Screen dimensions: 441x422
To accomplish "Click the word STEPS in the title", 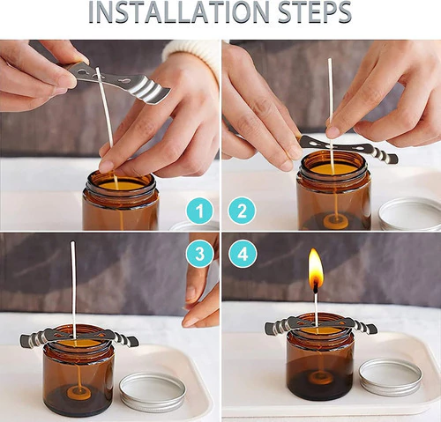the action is [315, 12].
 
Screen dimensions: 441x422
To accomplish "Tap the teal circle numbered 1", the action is [199, 211].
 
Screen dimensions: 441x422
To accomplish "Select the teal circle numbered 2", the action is [242, 211].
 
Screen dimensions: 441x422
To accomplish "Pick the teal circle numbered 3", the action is [199, 254].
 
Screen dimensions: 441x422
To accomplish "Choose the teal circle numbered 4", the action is [243, 254].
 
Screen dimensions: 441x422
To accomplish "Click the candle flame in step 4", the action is [316, 269].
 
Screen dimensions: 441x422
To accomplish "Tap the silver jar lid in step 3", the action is [153, 392].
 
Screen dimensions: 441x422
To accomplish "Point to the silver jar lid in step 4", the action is [391, 377].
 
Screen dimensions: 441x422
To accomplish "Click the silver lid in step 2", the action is [410, 214].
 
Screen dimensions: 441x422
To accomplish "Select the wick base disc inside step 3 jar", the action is [78, 393].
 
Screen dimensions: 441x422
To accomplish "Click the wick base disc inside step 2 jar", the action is [336, 222].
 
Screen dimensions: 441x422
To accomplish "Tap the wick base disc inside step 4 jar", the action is [320, 377].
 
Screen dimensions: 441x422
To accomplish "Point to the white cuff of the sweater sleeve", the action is [192, 56].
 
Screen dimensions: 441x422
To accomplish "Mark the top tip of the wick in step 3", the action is [72, 242].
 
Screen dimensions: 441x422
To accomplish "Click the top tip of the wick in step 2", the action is [330, 60].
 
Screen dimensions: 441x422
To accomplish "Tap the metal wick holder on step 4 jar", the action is [320, 327].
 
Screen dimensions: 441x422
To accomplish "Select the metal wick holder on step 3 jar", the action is [78, 337].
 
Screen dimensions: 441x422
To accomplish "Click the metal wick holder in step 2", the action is [347, 148].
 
